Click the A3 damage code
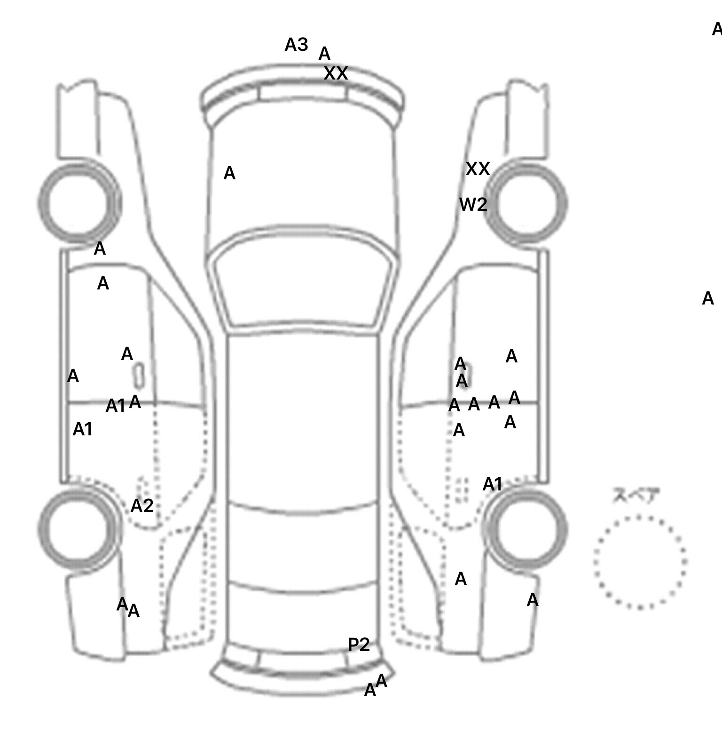296,45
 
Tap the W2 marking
473,205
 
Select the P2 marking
359,644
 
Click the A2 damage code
142,506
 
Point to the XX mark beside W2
478,169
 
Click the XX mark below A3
336,73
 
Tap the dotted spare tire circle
640,562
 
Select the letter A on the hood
229,174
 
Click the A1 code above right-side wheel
492,484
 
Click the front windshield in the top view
303,278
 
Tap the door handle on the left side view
139,375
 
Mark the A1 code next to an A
115,406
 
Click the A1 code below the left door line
83,429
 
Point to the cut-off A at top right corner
717,30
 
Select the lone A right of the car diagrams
707,298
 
